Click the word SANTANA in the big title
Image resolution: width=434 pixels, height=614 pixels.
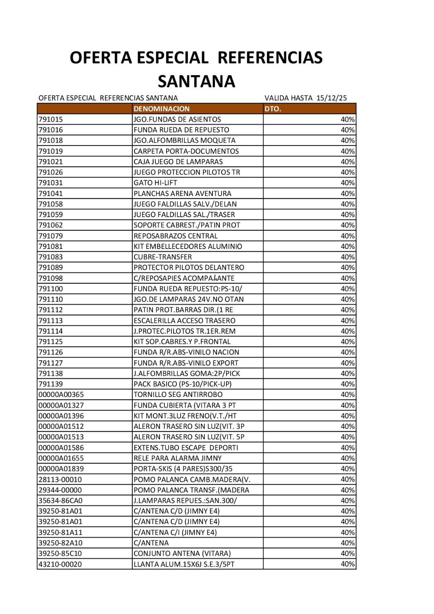pos(196,81)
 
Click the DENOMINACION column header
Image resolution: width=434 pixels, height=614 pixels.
pos(161,109)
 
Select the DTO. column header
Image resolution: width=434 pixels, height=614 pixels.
pos(272,109)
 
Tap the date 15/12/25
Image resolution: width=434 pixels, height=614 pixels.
pos(331,98)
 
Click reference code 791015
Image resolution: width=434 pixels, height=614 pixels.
pos(50,119)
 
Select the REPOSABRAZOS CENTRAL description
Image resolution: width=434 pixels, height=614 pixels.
pos(175,236)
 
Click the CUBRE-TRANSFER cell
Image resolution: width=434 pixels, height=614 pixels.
pos(162,257)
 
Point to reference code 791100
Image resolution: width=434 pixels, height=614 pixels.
pos(50,289)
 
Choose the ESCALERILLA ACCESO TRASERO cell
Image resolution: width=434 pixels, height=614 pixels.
pos(184,320)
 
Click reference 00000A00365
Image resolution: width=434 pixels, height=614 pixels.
pos(61,394)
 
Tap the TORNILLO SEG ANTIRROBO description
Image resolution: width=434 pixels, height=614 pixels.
pos(178,394)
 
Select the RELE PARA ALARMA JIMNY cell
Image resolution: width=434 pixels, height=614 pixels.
pos(177,458)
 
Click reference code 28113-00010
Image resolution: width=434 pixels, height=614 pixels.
pos(60,479)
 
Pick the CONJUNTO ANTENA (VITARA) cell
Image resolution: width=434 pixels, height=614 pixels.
pos(182,553)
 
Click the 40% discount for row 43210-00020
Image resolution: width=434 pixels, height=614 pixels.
pos(348,564)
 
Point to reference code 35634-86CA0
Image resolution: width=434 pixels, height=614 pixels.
pos(60,500)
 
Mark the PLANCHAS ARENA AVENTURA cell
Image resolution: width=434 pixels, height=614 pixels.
pos(182,194)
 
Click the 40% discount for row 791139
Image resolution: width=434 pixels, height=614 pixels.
pos(348,384)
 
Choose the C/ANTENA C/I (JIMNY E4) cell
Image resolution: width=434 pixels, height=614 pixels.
pos(175,532)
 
